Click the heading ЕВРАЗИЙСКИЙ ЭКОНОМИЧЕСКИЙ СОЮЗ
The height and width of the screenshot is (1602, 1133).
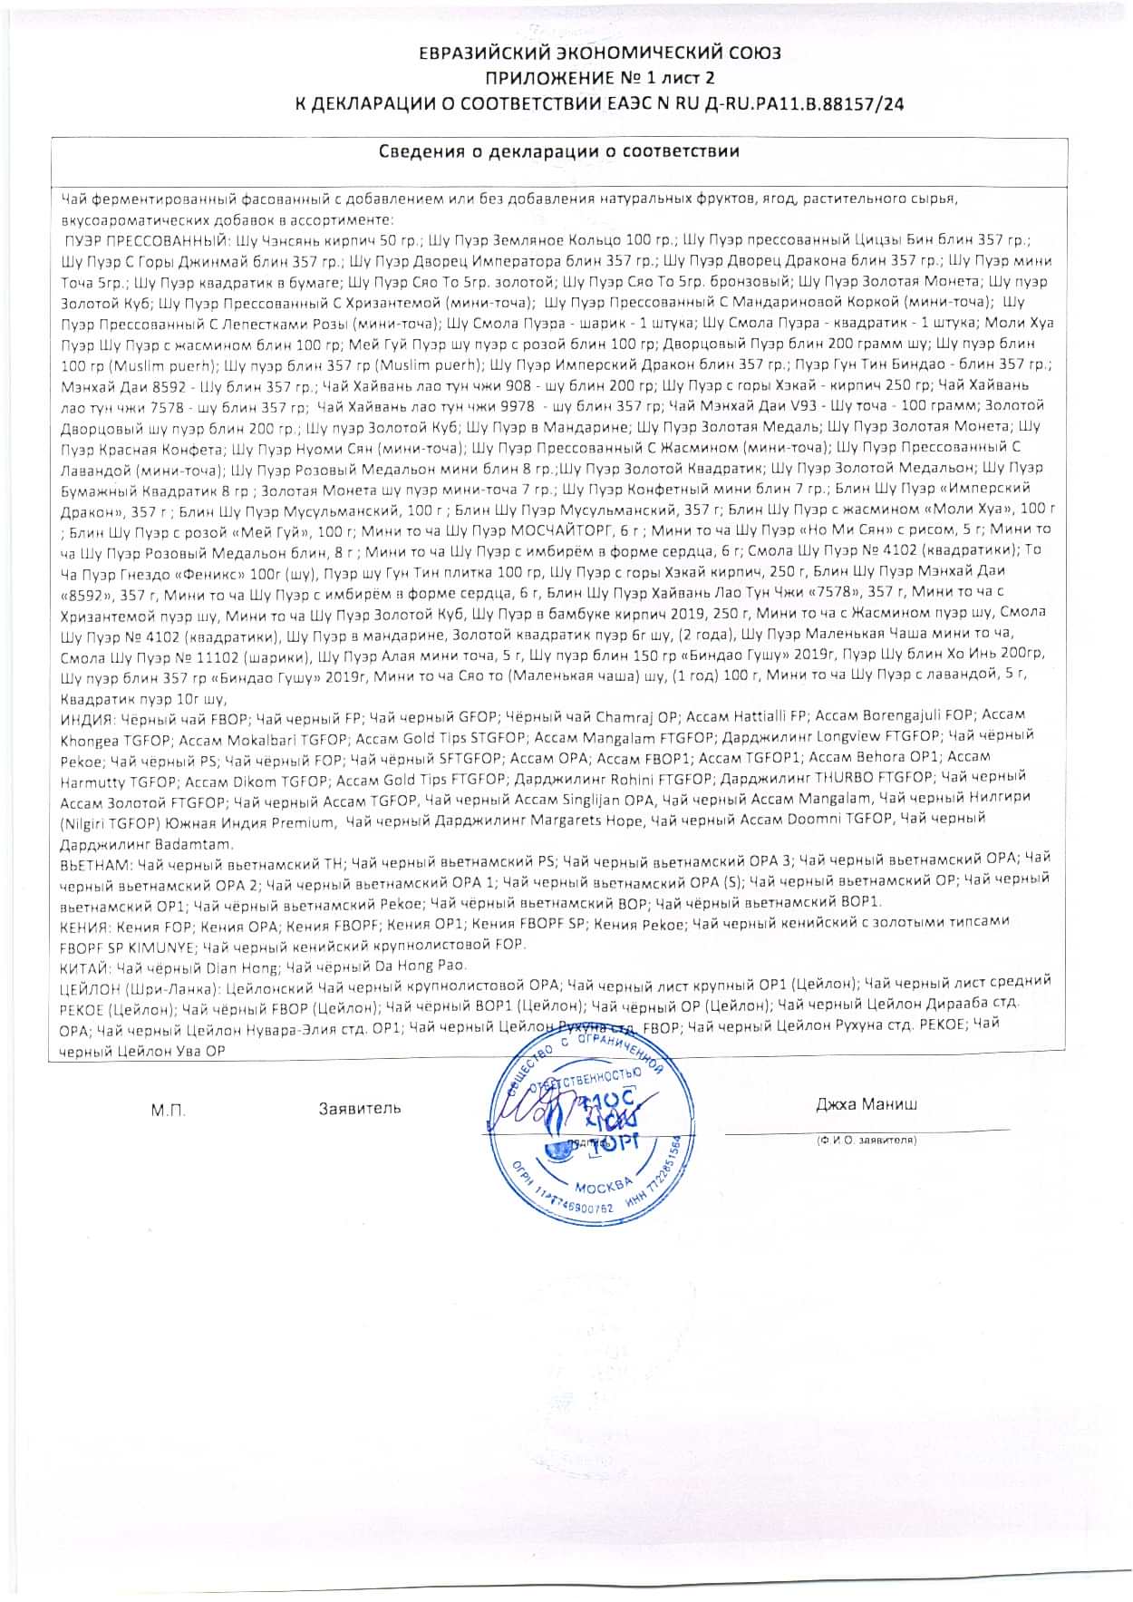(599, 53)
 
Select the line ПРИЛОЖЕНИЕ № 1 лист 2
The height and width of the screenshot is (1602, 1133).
(600, 79)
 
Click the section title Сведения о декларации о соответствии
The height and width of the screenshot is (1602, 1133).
(558, 151)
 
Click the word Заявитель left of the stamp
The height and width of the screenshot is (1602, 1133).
(360, 1108)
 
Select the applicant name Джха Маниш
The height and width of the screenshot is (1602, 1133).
(866, 1104)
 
